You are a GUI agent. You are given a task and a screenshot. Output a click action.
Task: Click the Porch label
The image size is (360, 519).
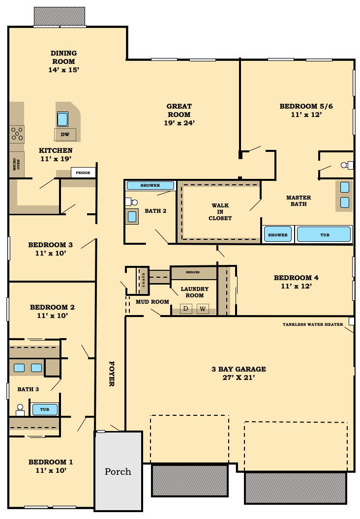(x=118, y=472)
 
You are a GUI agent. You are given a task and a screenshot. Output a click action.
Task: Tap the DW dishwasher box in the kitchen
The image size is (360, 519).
(x=65, y=134)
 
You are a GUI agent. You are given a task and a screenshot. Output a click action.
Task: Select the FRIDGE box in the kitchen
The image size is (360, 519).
(x=83, y=173)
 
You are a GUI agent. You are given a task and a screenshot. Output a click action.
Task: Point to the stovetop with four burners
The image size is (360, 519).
(x=17, y=134)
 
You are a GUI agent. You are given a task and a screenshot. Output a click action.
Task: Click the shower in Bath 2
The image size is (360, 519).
(x=150, y=185)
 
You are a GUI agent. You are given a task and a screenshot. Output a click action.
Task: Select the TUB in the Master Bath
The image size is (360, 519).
(x=324, y=234)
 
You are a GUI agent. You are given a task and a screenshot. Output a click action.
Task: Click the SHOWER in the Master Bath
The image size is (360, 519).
(x=277, y=234)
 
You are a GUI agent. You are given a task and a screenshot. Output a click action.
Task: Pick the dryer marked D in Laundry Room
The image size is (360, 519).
(x=186, y=309)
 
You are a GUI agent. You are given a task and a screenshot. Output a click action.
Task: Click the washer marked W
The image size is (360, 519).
(x=203, y=309)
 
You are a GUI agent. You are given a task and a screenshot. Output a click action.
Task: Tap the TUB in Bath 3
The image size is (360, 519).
(x=45, y=409)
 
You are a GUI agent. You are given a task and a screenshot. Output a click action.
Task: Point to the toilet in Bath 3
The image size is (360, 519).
(x=20, y=410)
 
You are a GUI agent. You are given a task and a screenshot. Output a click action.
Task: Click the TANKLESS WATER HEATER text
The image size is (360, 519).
(x=313, y=324)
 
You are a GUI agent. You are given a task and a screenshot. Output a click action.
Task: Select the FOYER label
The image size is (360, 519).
(x=112, y=374)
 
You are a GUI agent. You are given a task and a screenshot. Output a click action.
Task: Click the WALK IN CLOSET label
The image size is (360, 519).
(x=220, y=212)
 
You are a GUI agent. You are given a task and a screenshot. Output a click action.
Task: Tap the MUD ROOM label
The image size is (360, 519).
(x=152, y=302)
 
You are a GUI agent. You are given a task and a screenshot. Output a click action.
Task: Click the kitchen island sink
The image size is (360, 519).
(x=62, y=119)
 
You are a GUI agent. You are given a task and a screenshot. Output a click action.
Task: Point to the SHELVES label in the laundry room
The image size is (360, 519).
(x=193, y=272)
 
